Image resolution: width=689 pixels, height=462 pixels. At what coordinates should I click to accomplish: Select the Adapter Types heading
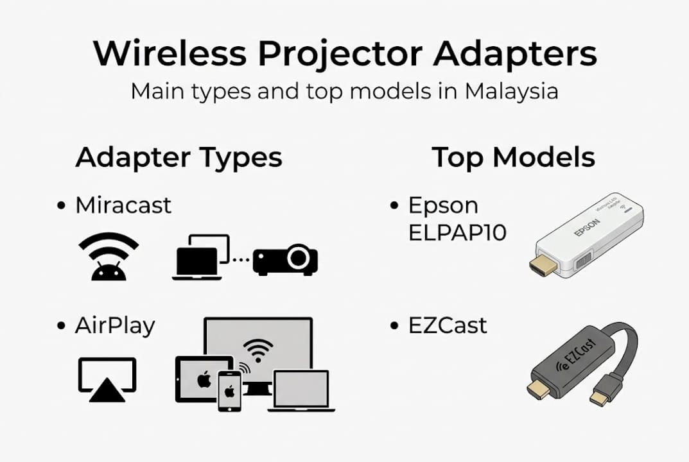pos(179,157)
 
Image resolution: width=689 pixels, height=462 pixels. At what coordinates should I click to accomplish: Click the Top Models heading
pos(513,157)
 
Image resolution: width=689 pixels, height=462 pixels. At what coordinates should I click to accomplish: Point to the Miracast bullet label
pos(123,205)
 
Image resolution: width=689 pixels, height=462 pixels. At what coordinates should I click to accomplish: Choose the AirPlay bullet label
pos(115,325)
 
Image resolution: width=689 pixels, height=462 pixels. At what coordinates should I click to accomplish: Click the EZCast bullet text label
pos(448,325)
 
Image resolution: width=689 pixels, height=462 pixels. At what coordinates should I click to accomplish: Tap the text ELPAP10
pos(457,232)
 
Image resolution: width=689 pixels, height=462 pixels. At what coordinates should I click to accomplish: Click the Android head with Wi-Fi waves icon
pos(108,257)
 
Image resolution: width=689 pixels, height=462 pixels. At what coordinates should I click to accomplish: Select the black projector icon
pos(286,259)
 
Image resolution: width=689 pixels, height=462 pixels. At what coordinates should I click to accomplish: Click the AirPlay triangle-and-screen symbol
pos(107,379)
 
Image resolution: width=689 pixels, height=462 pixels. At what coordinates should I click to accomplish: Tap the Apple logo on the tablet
pos(204,379)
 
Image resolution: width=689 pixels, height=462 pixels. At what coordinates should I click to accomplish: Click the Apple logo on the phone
pos(228,391)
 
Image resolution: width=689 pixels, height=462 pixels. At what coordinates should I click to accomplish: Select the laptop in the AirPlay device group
pos(301,390)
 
